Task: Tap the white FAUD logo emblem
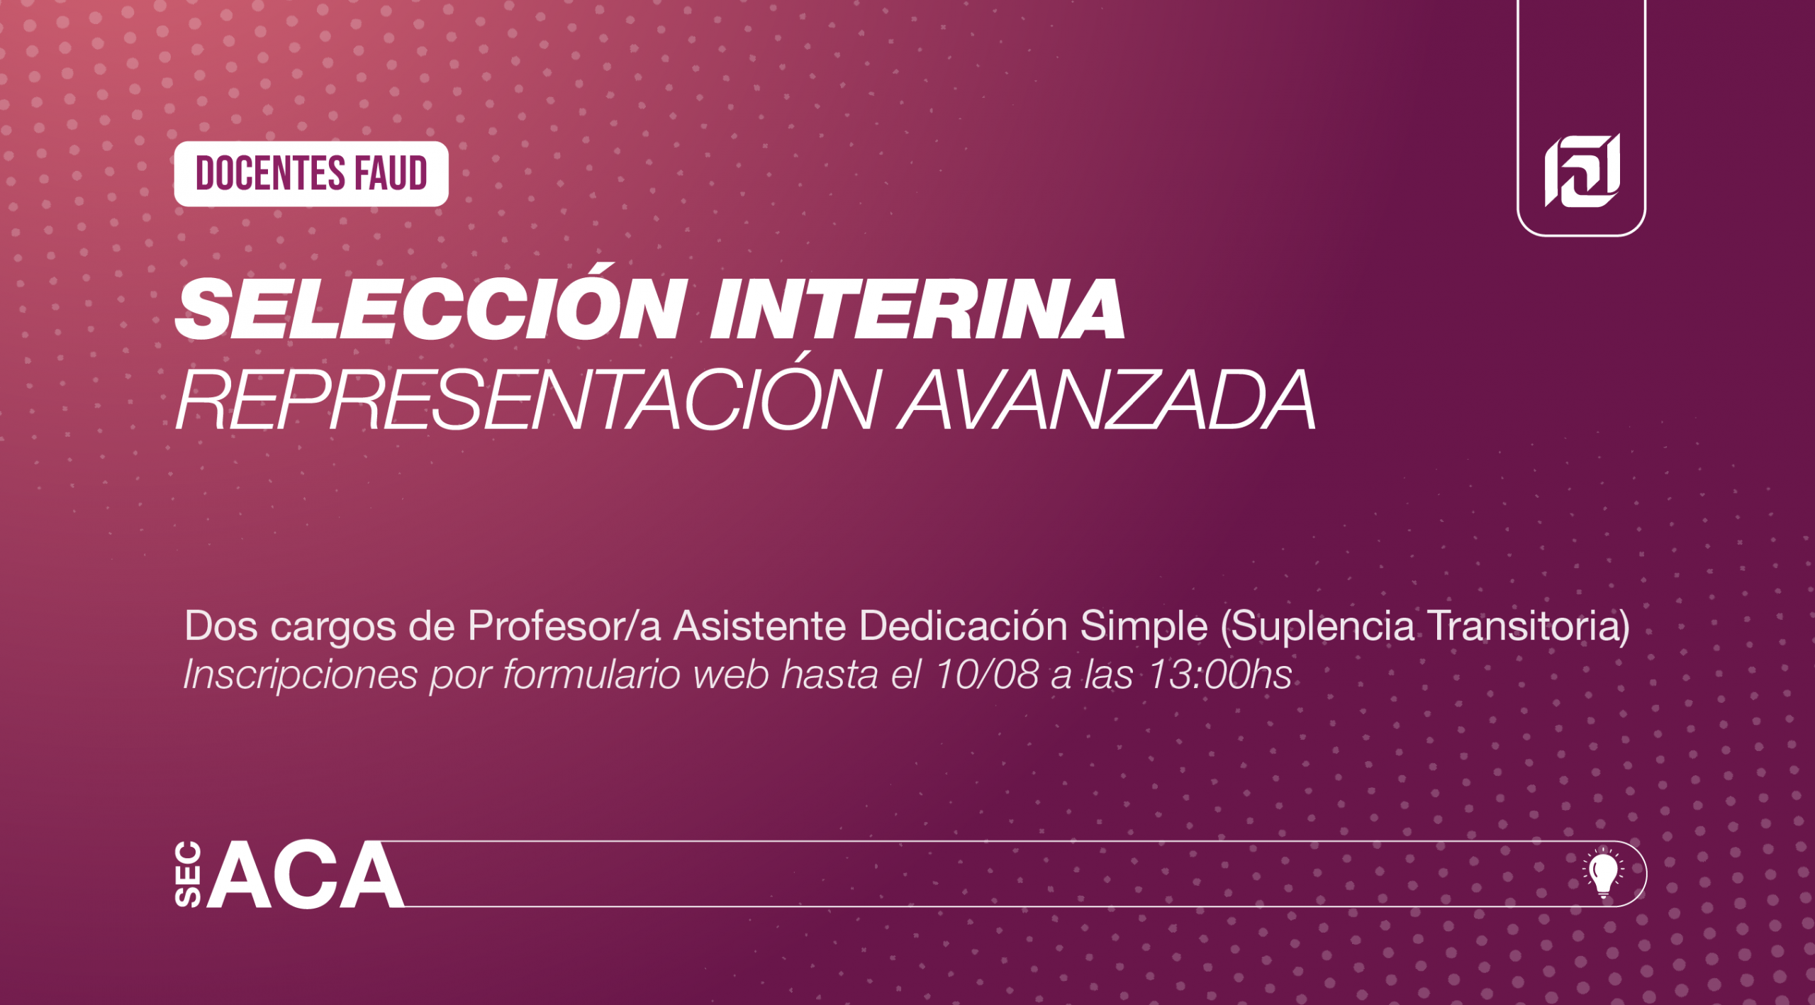pyautogui.click(x=1582, y=170)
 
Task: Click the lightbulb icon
pyautogui.click(x=1603, y=873)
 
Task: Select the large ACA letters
pyautogui.click(x=306, y=874)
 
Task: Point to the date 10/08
pyautogui.click(x=987, y=674)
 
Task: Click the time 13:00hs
pyautogui.click(x=1219, y=674)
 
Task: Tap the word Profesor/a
pyautogui.click(x=564, y=626)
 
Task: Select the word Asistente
pyautogui.click(x=760, y=626)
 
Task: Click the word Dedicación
pyautogui.click(x=964, y=626)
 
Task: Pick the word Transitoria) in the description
pyautogui.click(x=1529, y=627)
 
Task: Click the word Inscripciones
pyautogui.click(x=301, y=674)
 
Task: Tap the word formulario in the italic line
pyautogui.click(x=592, y=674)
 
